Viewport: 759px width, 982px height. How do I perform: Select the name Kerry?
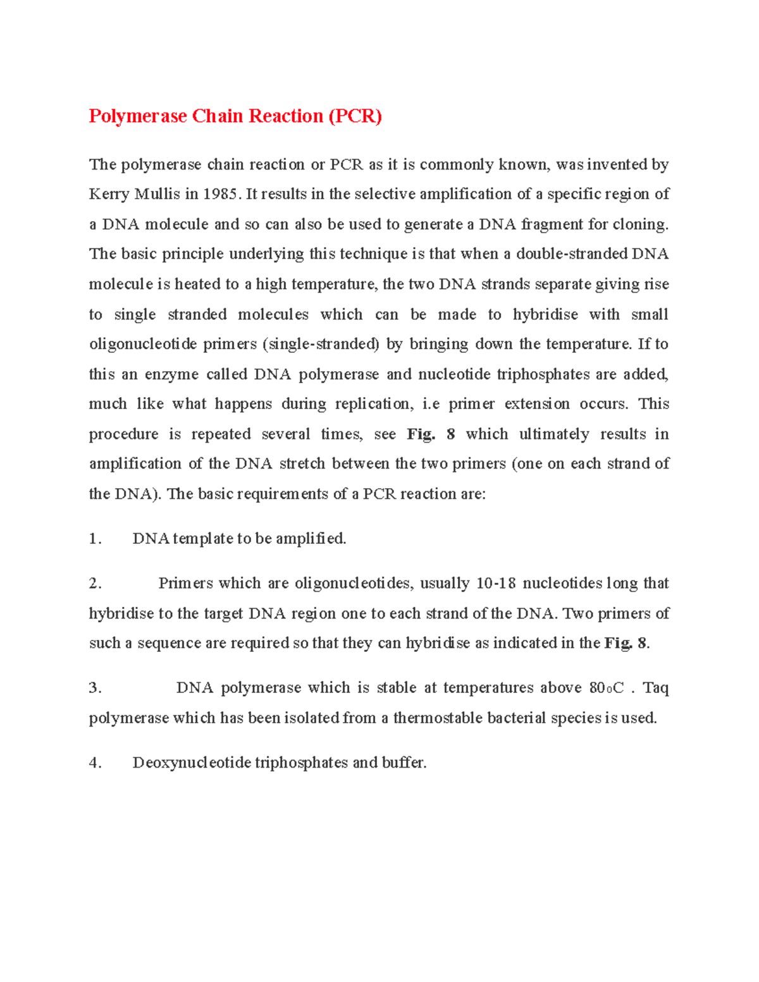point(109,194)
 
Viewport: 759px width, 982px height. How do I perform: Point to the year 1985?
point(221,194)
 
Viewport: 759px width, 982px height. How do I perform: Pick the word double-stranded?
point(572,254)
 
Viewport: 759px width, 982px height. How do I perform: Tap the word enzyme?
point(172,374)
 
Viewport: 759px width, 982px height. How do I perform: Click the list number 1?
point(95,539)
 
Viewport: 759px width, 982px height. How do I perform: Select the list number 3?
point(95,688)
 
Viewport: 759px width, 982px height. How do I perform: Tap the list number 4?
point(95,763)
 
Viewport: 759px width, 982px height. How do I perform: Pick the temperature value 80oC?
point(606,688)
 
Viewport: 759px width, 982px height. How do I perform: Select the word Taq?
point(655,688)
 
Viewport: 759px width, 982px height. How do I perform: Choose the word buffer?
point(404,763)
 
